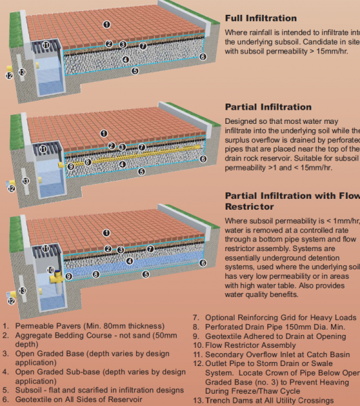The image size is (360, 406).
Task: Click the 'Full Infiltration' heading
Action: [x=260, y=18]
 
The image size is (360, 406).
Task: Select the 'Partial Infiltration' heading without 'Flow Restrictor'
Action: [x=268, y=107]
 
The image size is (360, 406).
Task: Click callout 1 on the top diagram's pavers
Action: [x=106, y=24]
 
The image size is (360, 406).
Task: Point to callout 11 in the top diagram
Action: [x=46, y=45]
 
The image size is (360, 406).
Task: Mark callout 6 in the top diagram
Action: [x=203, y=58]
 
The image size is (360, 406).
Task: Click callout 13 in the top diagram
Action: [x=22, y=72]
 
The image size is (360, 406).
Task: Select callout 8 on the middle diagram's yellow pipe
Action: [x=87, y=162]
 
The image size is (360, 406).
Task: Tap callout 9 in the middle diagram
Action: [x=70, y=166]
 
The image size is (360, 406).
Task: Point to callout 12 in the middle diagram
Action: [x=11, y=188]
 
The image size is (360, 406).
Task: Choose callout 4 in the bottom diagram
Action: [x=129, y=261]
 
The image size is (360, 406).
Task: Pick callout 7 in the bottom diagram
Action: [x=142, y=250]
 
